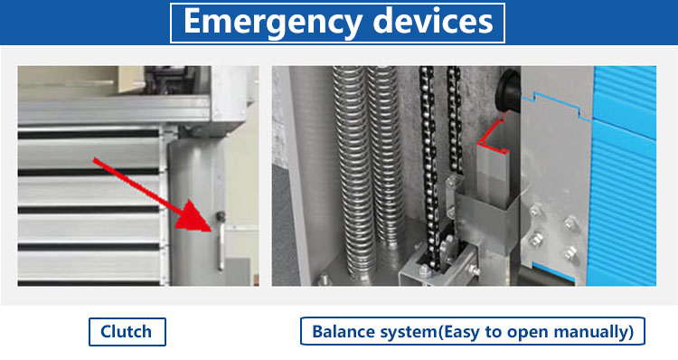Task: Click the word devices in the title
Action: tap(432, 21)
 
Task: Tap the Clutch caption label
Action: tap(127, 332)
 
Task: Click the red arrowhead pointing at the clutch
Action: tap(194, 216)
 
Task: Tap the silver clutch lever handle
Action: tap(221, 244)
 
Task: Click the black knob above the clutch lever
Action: tap(221, 215)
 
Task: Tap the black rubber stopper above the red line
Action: tap(508, 90)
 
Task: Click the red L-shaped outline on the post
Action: tap(493, 135)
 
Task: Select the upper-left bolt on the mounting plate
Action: tap(536, 211)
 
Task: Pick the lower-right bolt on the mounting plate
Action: tap(570, 251)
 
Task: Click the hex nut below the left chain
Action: tap(425, 270)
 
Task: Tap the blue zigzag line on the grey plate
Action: tap(556, 106)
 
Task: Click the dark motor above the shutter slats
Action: tap(165, 80)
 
